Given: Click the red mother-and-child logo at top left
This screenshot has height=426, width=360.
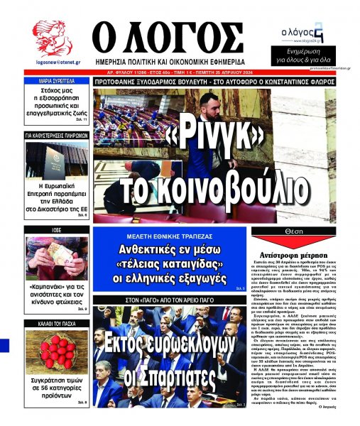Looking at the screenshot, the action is click(x=53, y=38).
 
